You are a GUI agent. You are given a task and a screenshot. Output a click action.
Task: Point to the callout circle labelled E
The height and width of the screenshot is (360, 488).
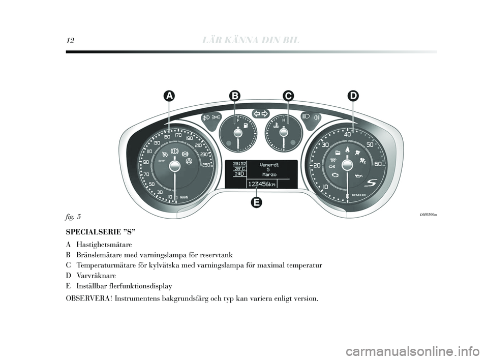pyautogui.click(x=256, y=202)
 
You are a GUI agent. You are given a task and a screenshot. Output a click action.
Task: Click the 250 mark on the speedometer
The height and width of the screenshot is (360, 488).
pyautogui.click(x=206, y=165)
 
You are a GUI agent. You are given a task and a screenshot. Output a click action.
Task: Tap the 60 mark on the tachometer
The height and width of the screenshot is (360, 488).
pyautogui.click(x=378, y=164)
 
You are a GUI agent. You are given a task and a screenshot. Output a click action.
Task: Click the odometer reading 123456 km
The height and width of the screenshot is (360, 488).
pyautogui.click(x=262, y=184)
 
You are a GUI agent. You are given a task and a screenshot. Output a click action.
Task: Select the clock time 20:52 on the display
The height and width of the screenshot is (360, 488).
pyautogui.click(x=239, y=163)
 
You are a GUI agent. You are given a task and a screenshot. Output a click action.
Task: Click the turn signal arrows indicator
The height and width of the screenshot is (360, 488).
pyautogui.click(x=260, y=114)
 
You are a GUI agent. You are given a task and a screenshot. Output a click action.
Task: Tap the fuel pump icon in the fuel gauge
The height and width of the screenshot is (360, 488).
pyautogui.click(x=246, y=126)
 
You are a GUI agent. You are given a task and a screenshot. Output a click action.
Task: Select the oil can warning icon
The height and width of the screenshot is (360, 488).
pyautogui.click(x=359, y=176)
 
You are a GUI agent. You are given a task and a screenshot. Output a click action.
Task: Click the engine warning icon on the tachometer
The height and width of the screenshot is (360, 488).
pyautogui.click(x=334, y=175)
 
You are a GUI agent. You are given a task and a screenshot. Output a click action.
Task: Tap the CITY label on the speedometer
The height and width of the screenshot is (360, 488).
pyautogui.click(x=162, y=161)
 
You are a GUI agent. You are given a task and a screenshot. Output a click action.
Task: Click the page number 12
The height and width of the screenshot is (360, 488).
pyautogui.click(x=70, y=40)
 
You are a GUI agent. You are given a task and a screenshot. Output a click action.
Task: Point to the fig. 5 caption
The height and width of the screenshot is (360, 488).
pyautogui.click(x=73, y=216)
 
